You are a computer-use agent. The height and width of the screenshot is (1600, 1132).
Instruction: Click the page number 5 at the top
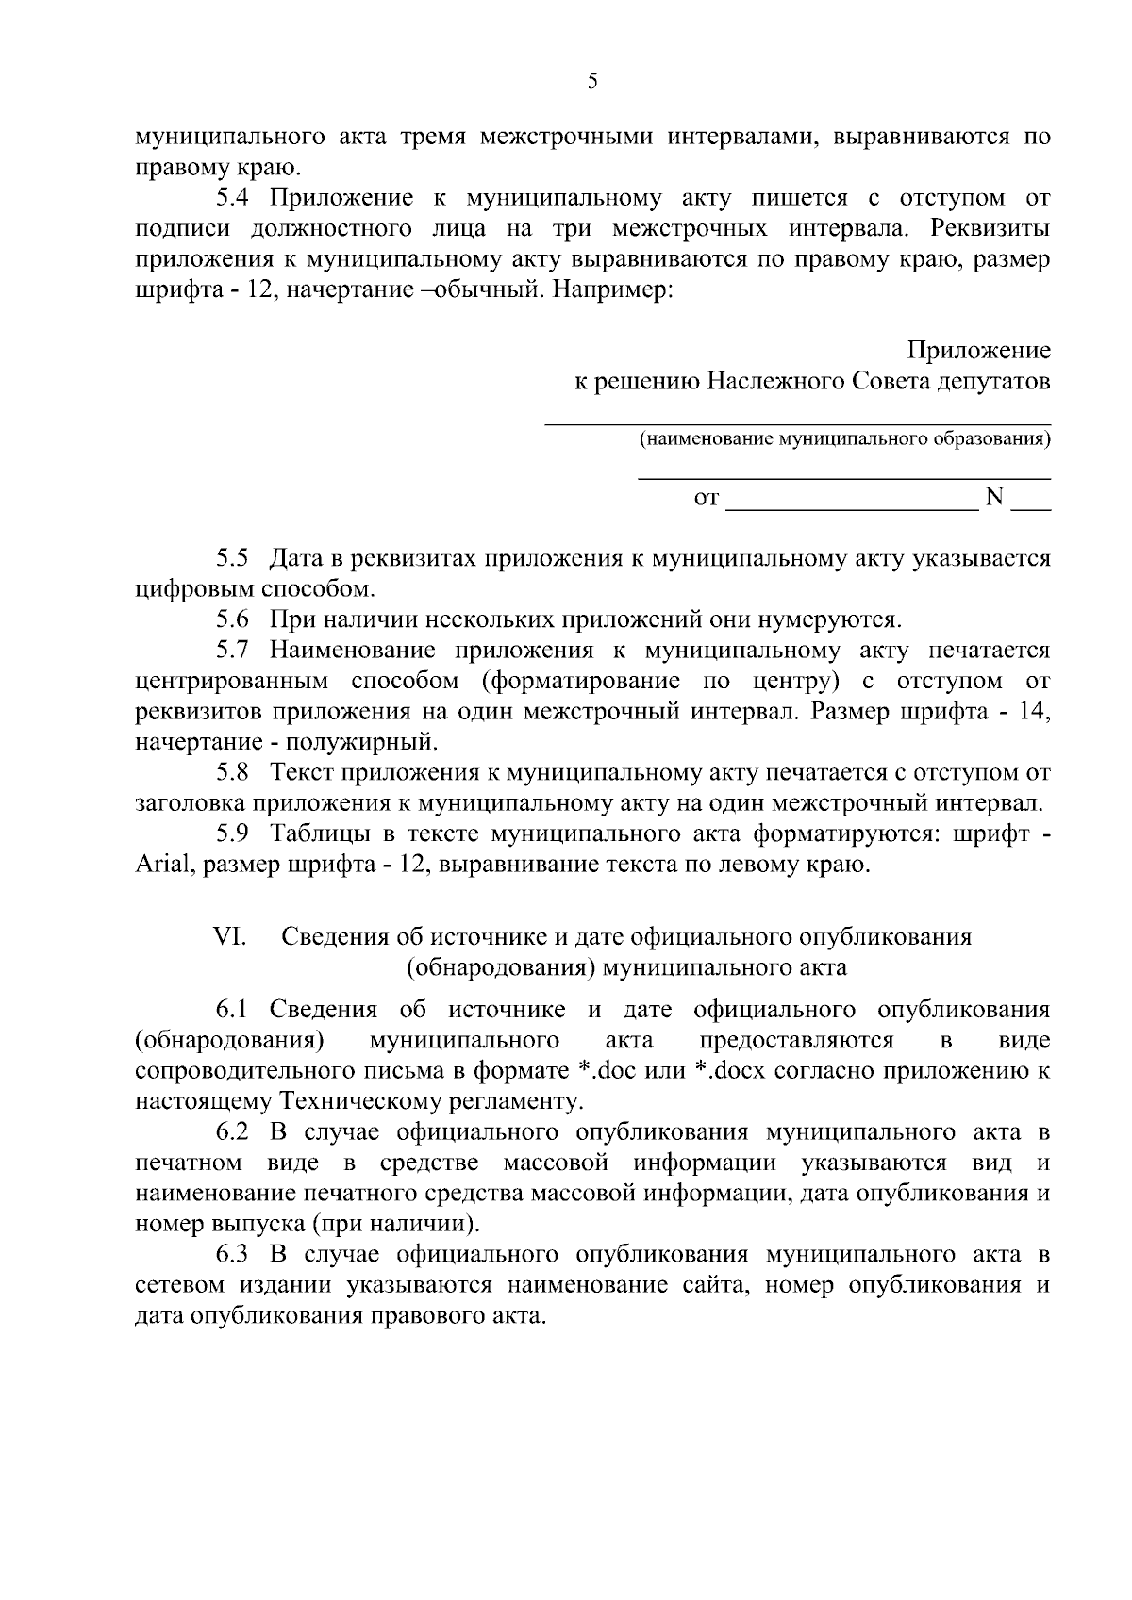click(x=592, y=81)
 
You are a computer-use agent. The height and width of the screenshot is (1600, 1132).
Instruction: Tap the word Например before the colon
click(x=610, y=290)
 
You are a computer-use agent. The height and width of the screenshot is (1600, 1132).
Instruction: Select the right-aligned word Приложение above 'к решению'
click(x=978, y=352)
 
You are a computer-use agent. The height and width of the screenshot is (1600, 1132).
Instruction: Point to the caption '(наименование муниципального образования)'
click(x=844, y=438)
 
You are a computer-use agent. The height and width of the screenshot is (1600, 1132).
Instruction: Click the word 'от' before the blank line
click(x=706, y=498)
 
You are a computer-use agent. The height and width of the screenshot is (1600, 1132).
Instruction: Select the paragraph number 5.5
click(x=231, y=559)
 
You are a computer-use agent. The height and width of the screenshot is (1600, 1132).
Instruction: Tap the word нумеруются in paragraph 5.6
click(x=824, y=620)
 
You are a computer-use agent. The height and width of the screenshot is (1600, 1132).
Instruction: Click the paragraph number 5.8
click(x=231, y=773)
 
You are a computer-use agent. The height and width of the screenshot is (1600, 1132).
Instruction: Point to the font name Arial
click(x=163, y=866)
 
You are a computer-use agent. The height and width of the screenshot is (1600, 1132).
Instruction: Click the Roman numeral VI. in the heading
click(x=230, y=937)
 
